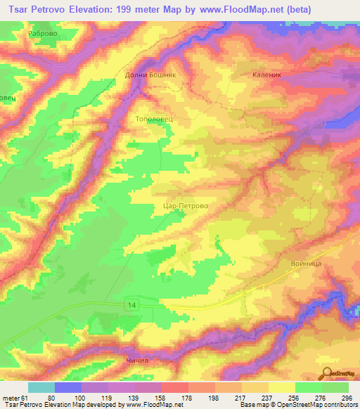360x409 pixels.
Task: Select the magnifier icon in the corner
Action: click(327, 374)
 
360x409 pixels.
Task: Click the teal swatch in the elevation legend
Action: click(41, 387)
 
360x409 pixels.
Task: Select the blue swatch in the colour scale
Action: click(68, 387)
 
